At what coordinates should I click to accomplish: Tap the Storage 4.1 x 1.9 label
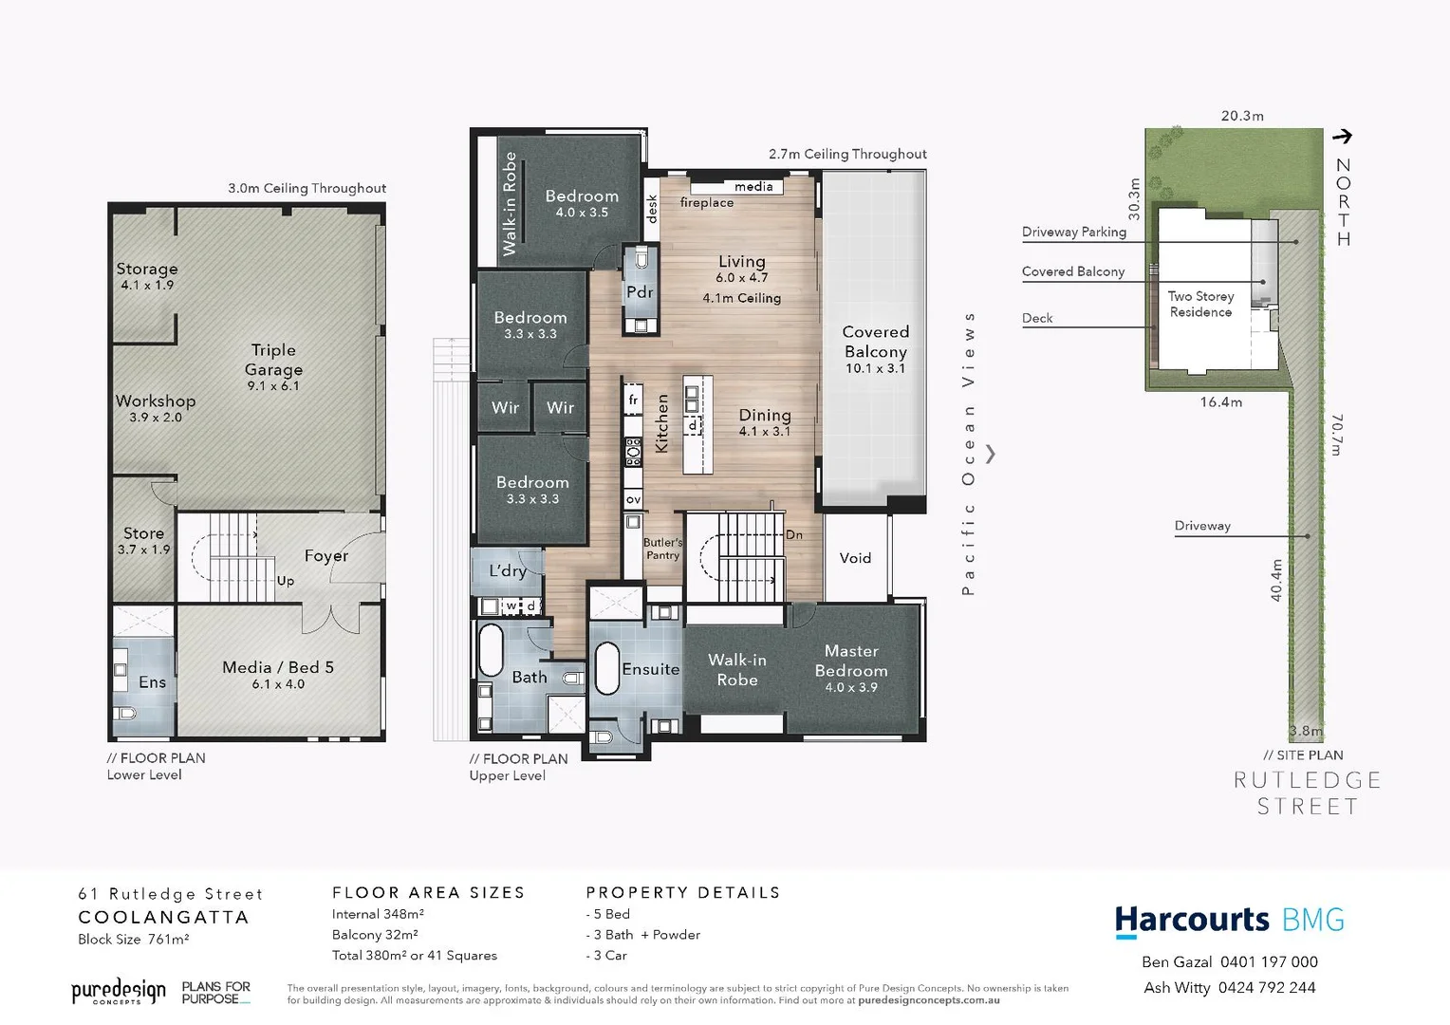click(147, 275)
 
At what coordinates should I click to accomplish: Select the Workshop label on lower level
click(156, 408)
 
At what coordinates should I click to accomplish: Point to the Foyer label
click(325, 556)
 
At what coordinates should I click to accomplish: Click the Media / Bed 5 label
click(278, 674)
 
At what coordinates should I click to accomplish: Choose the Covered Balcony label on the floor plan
click(875, 348)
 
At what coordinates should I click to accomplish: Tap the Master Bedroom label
click(851, 667)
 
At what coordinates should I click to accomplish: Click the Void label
click(855, 558)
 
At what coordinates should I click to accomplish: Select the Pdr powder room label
click(640, 292)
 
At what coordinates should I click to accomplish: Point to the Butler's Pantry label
click(662, 549)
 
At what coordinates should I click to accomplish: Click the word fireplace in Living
click(707, 203)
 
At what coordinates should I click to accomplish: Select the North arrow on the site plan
click(1342, 137)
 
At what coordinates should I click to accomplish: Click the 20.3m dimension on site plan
click(1242, 116)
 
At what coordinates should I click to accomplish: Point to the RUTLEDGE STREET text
click(1307, 793)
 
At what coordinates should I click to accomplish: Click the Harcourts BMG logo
click(1229, 921)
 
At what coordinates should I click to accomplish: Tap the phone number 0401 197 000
click(1269, 961)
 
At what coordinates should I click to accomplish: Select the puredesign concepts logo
click(119, 993)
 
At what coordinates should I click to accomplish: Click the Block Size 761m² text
click(134, 940)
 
